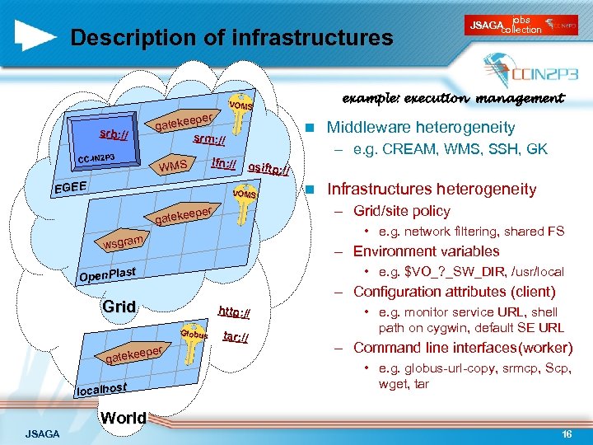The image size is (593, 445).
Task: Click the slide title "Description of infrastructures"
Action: (x=231, y=38)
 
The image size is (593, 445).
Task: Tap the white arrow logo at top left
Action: (x=36, y=35)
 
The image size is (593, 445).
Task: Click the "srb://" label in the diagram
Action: (x=114, y=133)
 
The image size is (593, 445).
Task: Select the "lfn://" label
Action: (x=223, y=163)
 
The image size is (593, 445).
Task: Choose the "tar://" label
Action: (x=236, y=338)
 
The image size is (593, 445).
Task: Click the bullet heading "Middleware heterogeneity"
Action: (x=420, y=128)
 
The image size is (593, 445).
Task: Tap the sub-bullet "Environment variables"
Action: (x=426, y=251)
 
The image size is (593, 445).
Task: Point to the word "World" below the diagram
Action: (x=123, y=417)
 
